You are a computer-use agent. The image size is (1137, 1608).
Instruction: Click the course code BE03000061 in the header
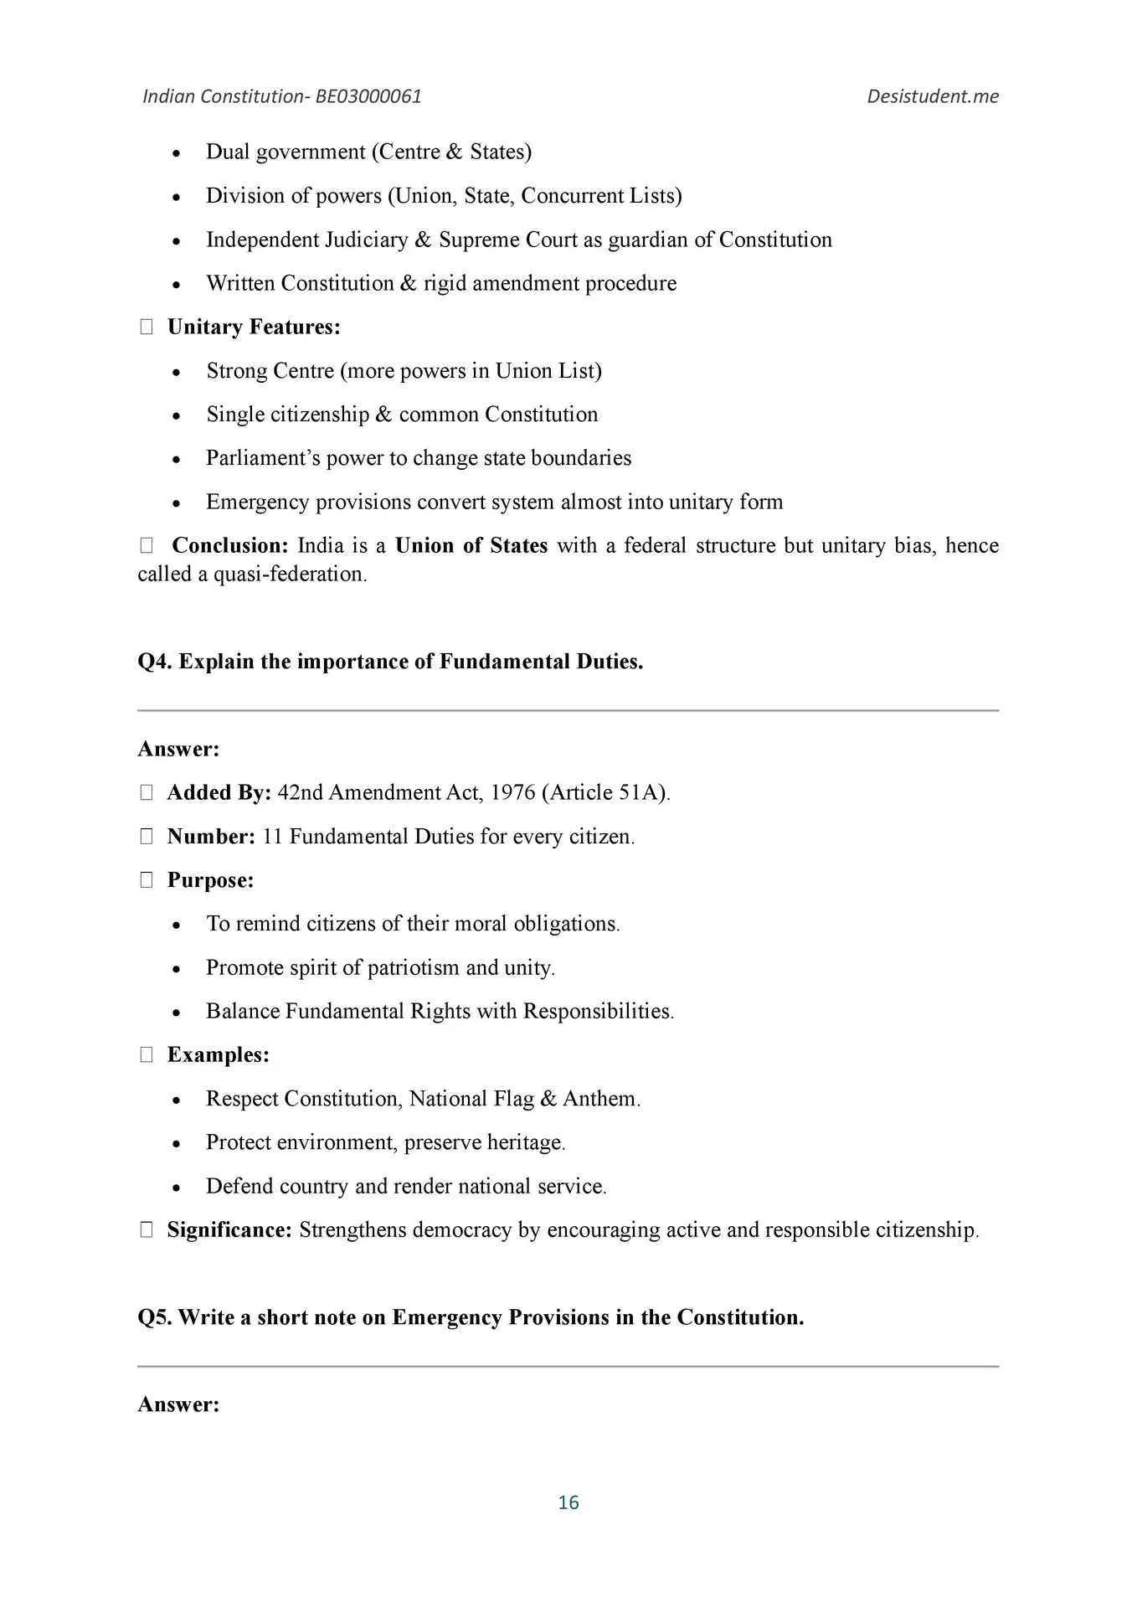[368, 96]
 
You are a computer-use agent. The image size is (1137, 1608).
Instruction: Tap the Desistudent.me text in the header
[933, 96]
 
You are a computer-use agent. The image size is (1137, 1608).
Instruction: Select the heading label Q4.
[155, 662]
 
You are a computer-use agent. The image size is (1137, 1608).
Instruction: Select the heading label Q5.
[155, 1317]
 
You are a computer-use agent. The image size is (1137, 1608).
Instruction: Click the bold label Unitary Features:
[254, 327]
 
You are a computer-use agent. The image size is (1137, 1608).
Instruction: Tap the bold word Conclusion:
[230, 546]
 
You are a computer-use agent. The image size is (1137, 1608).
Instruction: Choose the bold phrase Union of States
[471, 546]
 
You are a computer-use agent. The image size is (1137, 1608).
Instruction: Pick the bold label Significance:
[229, 1230]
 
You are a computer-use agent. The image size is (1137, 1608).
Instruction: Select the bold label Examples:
[219, 1055]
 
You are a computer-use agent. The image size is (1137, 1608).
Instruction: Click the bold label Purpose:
[210, 880]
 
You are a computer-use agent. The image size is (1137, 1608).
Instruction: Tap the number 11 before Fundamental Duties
[272, 837]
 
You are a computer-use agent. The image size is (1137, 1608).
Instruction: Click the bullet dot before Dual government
[176, 153]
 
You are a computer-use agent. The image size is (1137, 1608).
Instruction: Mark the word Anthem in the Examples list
[599, 1099]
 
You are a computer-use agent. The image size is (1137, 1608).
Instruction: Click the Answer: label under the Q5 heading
[178, 1404]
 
